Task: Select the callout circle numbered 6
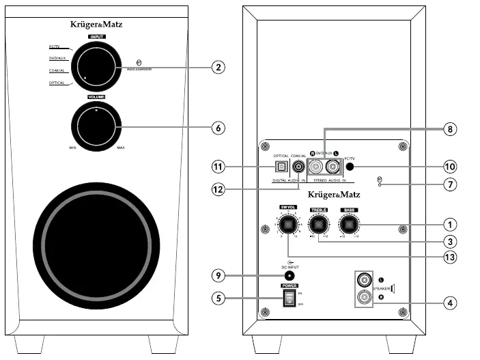217,127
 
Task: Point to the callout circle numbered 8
449,128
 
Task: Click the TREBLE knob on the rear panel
318,223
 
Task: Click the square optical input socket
279,165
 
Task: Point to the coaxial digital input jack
298,165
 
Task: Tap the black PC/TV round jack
350,165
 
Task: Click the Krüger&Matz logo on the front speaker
96,25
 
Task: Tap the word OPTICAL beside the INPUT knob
57,83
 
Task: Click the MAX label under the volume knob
121,148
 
